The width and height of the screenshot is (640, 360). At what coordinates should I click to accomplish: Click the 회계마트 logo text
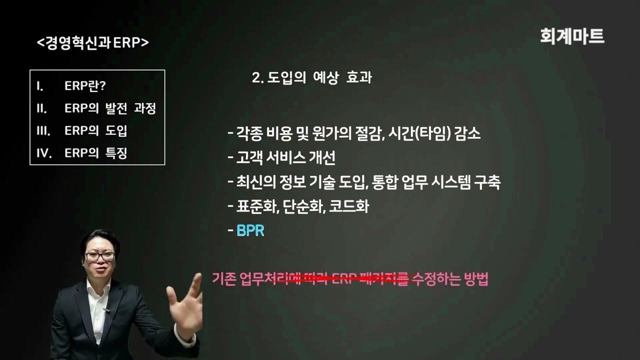572,36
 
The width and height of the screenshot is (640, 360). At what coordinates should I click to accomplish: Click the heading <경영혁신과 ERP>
93,43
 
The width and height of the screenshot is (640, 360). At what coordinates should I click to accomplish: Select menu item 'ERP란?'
85,85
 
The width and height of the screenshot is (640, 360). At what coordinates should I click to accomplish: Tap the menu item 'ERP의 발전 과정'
110,108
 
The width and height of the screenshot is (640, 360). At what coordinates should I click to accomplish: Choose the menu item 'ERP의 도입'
95,130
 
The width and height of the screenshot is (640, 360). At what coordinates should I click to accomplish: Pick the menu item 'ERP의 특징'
95,153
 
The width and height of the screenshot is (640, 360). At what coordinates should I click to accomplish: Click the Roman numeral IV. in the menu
44,153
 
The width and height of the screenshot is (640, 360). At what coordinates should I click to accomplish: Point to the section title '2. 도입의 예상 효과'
312,78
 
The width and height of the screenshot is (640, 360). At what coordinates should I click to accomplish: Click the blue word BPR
250,231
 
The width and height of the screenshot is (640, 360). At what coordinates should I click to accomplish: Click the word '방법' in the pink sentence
475,279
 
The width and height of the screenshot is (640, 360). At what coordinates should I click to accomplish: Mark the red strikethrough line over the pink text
345,280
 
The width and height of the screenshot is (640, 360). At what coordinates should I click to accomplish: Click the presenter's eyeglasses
99,256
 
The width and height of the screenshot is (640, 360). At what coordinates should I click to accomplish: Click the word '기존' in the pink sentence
223,279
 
